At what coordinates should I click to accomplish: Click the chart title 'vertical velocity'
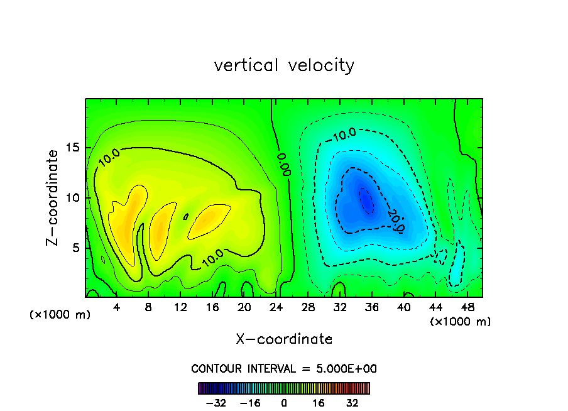pyautogui.click(x=284, y=65)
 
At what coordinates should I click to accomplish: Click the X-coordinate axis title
pyautogui.click(x=284, y=339)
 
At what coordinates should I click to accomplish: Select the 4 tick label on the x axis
pyautogui.click(x=116, y=307)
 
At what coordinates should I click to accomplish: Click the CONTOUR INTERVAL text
pyautogui.click(x=284, y=369)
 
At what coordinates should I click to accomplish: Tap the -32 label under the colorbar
pyautogui.click(x=216, y=403)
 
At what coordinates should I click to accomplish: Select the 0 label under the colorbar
pyautogui.click(x=284, y=403)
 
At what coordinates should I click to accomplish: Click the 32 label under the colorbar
pyautogui.click(x=352, y=403)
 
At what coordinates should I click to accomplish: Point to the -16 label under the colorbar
pyautogui.click(x=249, y=403)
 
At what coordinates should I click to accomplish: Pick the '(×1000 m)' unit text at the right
pyautogui.click(x=461, y=322)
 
